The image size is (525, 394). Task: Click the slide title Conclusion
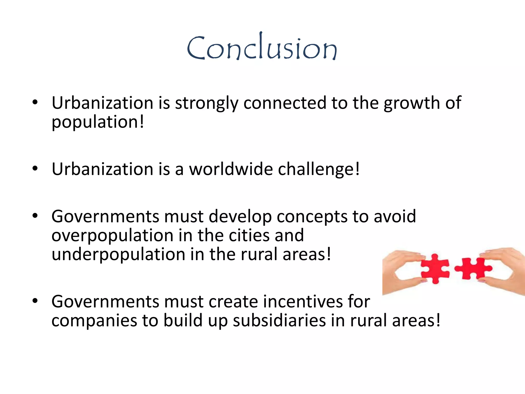(262, 47)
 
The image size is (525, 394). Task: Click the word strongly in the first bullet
(206, 103)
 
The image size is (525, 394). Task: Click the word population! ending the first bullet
(98, 122)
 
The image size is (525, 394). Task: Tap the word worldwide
(231, 169)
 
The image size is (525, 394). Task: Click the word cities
(249, 235)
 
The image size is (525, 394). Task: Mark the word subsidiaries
(279, 321)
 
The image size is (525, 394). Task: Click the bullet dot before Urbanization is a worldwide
(35, 169)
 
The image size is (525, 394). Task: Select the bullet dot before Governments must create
(35, 301)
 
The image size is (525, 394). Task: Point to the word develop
(240, 217)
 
